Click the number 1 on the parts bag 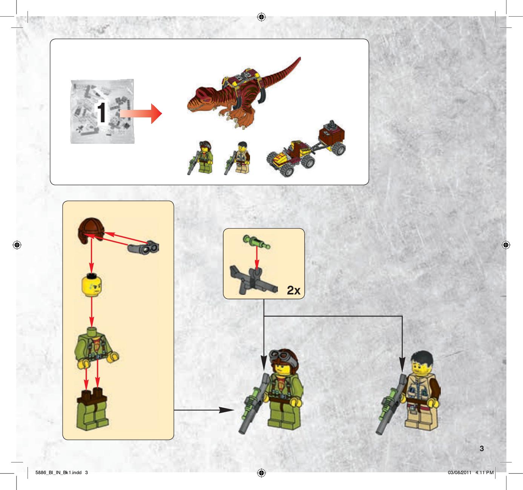point(101,112)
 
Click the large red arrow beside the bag point(141,114)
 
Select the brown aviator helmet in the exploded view point(91,231)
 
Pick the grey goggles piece point(144,247)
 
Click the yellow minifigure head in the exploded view point(92,285)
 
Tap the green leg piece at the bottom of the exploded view point(92,410)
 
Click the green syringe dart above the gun point(256,242)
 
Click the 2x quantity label point(293,290)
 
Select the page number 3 point(482,448)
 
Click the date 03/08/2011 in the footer point(460,472)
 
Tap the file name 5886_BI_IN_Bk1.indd point(58,472)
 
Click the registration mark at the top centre point(261,17)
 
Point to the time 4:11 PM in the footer point(484,472)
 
